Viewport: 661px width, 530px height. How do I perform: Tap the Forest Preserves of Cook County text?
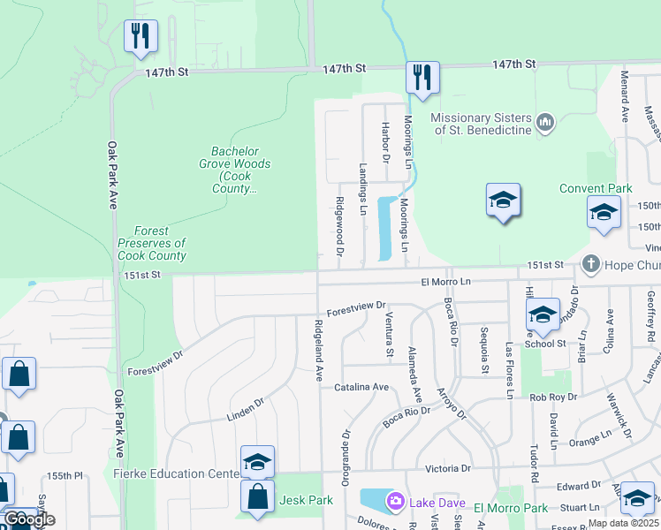pos(152,243)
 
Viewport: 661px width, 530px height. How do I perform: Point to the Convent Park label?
pos(596,189)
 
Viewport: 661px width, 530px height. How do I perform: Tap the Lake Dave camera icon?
pos(396,502)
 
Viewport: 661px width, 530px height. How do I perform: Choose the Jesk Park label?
pos(307,500)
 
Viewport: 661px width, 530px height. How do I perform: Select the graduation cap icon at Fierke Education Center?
pos(257,461)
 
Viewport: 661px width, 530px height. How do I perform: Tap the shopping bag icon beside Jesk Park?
pos(257,497)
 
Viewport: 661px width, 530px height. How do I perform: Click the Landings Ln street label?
pos(362,189)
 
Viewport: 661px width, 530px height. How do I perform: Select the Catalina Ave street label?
pos(361,387)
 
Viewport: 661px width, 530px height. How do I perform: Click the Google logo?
pos(29,519)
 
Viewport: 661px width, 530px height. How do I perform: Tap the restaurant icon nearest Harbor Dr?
pos(422,78)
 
